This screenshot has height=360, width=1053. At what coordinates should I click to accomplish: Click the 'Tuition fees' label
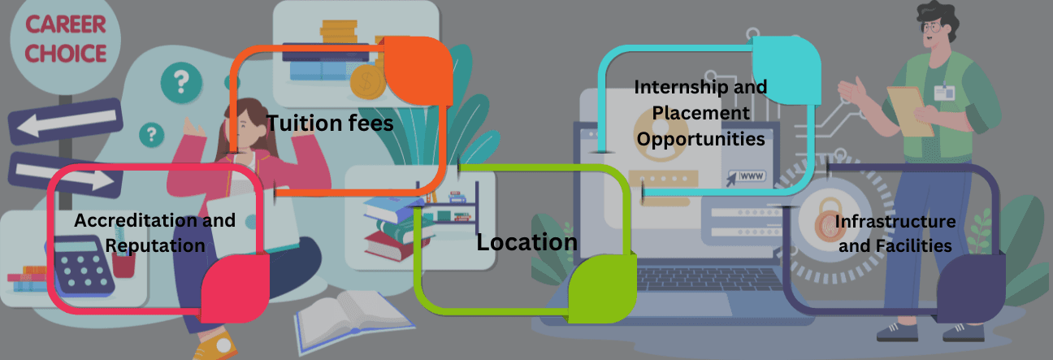[x=330, y=124]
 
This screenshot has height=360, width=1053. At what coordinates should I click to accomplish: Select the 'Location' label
[x=526, y=242]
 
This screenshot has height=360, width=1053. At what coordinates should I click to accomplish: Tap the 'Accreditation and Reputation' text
[x=154, y=232]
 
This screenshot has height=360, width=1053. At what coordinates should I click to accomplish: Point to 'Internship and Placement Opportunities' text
[x=700, y=113]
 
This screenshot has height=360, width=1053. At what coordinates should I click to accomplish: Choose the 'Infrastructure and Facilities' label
[x=895, y=233]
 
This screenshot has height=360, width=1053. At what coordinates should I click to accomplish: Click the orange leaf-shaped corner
[x=417, y=72]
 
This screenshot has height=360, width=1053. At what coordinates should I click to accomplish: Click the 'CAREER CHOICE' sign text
[x=65, y=38]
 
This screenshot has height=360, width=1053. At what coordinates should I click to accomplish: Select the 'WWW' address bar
[x=751, y=176]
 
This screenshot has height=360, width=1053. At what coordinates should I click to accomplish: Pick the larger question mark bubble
[x=180, y=81]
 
